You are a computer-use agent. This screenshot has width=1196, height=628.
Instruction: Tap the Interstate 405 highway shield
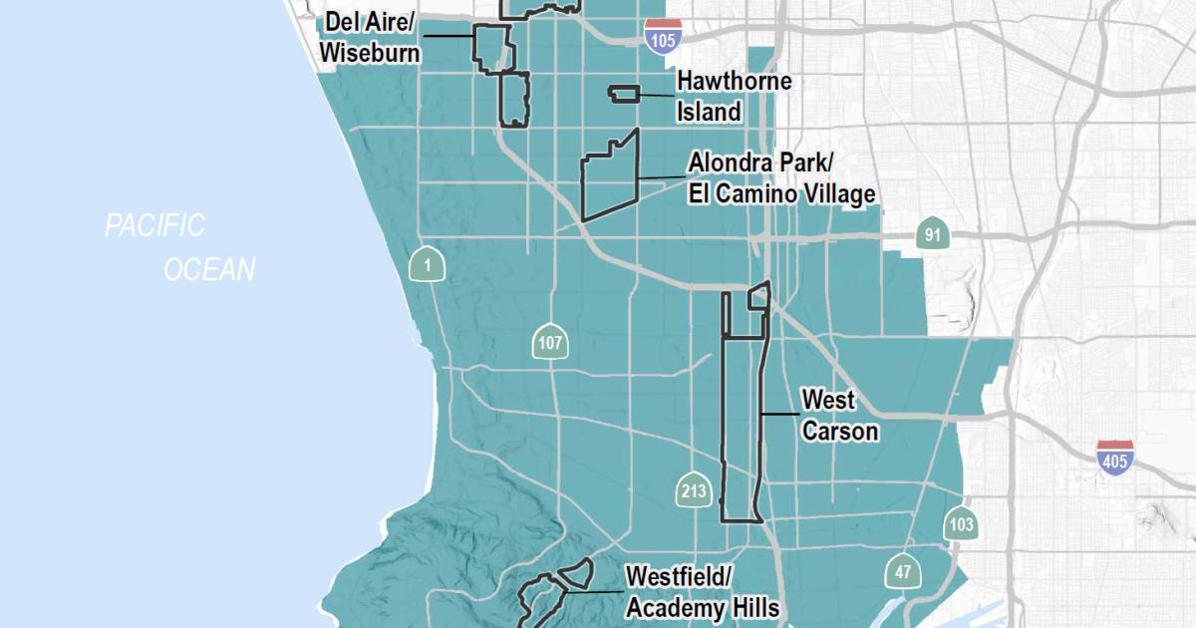click(x=1113, y=457)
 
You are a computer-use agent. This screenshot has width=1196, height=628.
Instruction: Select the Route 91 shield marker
click(x=932, y=235)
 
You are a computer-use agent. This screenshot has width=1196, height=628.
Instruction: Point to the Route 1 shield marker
click(x=428, y=264)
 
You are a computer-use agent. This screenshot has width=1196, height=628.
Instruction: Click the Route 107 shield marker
click(x=550, y=344)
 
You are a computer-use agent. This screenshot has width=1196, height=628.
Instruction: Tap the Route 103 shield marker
click(x=961, y=524)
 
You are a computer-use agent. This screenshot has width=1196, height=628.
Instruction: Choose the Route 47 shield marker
click(x=903, y=571)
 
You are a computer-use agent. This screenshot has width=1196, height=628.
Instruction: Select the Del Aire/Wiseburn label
click(x=370, y=37)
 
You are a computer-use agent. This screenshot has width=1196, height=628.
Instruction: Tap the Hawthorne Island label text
click(x=734, y=96)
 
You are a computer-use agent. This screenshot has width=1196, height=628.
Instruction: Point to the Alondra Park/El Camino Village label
click(x=781, y=177)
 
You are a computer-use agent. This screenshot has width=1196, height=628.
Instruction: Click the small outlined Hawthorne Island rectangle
click(x=624, y=94)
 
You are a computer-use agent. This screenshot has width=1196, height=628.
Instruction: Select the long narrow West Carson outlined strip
click(x=742, y=429)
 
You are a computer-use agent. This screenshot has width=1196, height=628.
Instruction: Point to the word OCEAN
click(x=210, y=269)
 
